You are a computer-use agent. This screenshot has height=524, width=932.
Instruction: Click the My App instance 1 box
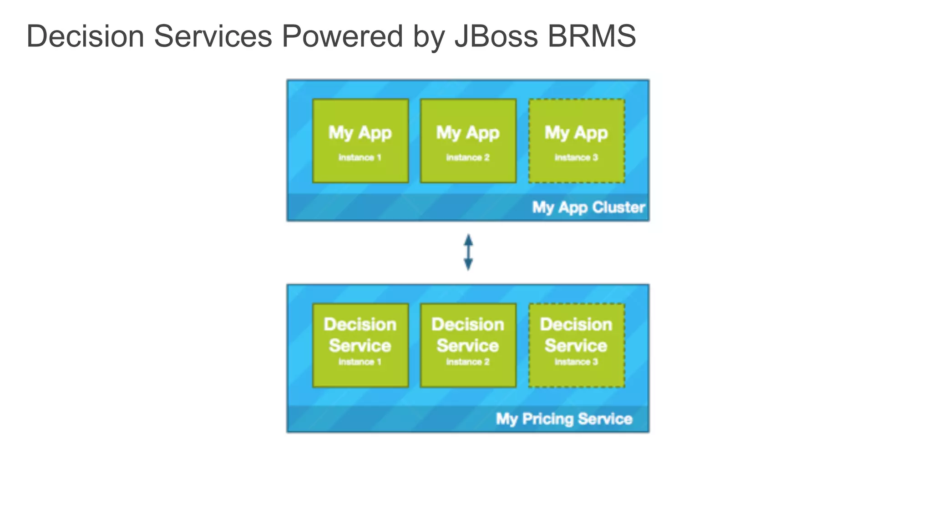360,141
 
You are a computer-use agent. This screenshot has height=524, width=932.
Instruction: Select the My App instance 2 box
468,141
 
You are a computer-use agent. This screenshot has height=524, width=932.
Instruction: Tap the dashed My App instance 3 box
576,141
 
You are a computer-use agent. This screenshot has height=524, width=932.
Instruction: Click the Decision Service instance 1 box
360,345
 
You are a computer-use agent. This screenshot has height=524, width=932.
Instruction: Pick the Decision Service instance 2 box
468,345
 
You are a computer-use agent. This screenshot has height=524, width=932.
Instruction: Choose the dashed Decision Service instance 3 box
576,345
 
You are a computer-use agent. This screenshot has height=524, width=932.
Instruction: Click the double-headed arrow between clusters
468,252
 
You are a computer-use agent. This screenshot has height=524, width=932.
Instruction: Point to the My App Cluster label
588,207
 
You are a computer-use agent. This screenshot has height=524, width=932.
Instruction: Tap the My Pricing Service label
564,418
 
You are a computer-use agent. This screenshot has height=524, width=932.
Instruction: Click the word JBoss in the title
496,36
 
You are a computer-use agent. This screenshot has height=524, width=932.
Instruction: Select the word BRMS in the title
592,36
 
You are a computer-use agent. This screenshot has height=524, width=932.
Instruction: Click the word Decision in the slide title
85,36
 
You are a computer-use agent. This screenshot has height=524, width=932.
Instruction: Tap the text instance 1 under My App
360,157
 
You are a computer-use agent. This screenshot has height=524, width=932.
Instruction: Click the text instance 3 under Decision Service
576,362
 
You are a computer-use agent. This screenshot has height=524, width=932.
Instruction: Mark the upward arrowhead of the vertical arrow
468,240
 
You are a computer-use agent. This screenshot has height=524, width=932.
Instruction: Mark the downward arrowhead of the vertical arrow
468,265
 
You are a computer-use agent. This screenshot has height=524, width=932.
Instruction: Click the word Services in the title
213,36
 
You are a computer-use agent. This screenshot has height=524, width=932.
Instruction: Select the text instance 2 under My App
468,157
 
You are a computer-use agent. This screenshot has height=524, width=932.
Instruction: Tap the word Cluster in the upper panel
618,207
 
